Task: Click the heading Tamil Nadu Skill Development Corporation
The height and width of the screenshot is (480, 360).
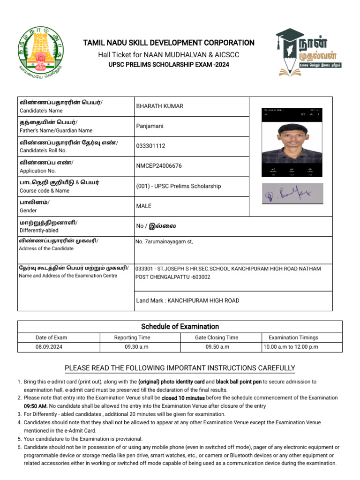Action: (x=169, y=43)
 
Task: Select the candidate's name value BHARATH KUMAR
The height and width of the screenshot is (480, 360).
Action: (x=159, y=106)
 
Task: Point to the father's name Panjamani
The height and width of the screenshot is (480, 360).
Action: (x=150, y=126)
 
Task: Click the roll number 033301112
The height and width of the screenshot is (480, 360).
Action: (x=150, y=146)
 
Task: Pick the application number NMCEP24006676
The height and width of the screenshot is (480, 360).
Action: (x=159, y=166)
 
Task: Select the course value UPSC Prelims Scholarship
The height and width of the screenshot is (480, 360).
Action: (x=178, y=186)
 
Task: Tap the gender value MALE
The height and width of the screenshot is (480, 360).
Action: (x=143, y=206)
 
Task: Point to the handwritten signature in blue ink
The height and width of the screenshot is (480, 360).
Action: (x=292, y=193)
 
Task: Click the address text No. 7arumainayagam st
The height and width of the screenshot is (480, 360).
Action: (x=164, y=242)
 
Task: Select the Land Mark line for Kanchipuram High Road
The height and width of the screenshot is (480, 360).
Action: (x=187, y=300)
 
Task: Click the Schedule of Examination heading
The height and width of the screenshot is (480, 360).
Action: (x=180, y=326)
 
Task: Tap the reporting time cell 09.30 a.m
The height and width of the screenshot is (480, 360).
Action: (x=132, y=347)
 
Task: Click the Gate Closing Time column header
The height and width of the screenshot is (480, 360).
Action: (x=216, y=337)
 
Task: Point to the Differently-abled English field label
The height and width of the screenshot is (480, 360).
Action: (x=39, y=231)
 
